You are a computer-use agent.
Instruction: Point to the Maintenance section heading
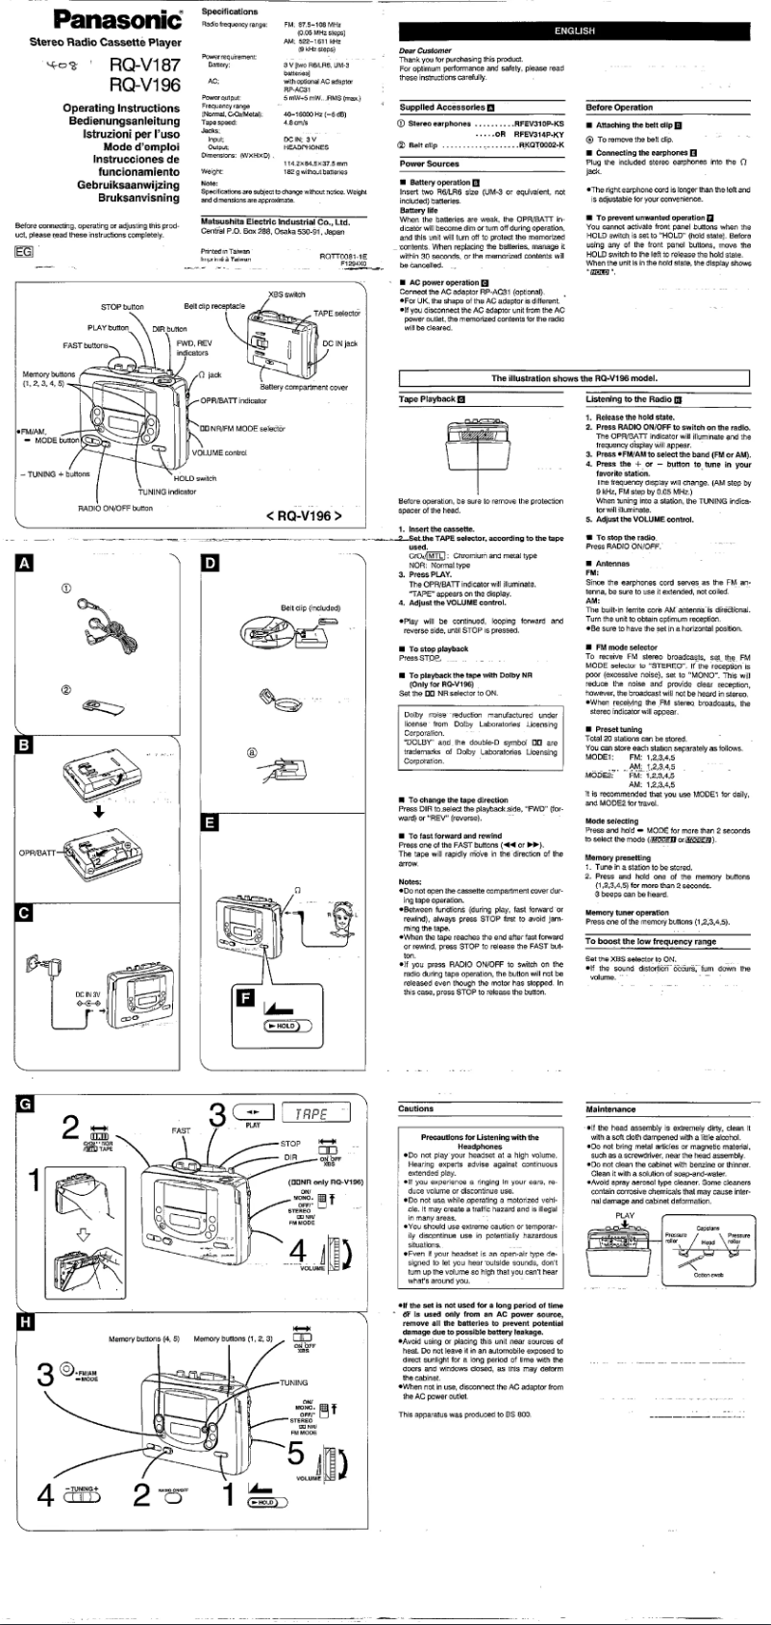coord(612,1108)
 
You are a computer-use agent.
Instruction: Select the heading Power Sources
coord(429,165)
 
